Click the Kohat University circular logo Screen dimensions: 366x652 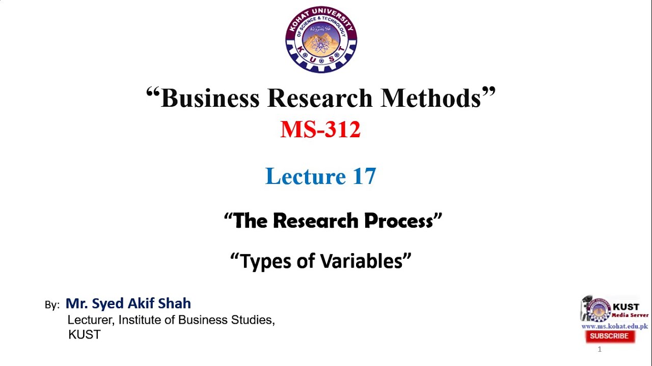tap(321, 39)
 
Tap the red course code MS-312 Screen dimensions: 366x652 tap(320, 130)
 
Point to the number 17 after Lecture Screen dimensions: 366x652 tap(364, 176)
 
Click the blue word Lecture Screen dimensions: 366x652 tap(306, 176)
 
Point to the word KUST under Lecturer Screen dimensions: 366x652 tap(85, 334)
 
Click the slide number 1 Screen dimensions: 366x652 tap(600, 349)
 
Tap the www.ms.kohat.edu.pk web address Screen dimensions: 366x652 tap(615, 326)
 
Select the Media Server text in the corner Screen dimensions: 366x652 tap(630, 315)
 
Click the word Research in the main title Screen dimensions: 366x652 tap(319, 98)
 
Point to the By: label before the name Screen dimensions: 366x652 tap(52, 305)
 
